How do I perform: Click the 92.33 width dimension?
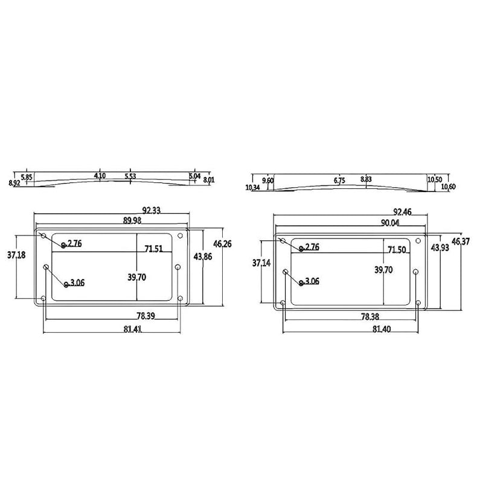(x=152, y=210)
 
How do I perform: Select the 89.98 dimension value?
(x=132, y=220)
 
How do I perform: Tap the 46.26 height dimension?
(x=222, y=244)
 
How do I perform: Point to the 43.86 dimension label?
(x=203, y=256)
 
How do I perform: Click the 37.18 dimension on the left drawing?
(x=16, y=255)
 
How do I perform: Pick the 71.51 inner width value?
(x=154, y=249)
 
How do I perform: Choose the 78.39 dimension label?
(x=146, y=316)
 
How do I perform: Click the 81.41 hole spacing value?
(x=133, y=329)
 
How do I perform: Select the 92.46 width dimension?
(x=402, y=212)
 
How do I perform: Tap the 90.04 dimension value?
(x=390, y=223)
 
